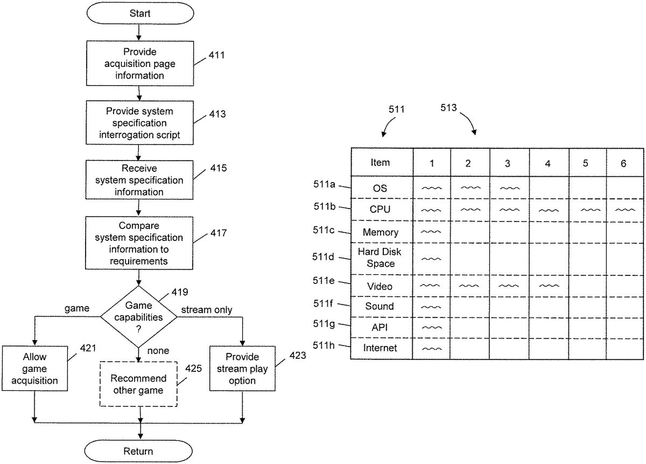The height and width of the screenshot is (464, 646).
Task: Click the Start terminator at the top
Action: tap(140, 13)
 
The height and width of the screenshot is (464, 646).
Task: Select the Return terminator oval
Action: tap(138, 451)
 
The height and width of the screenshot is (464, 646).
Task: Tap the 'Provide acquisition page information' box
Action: tap(140, 63)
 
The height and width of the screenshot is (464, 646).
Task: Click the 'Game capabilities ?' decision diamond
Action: tap(139, 317)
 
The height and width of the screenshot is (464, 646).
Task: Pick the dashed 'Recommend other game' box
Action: tap(138, 384)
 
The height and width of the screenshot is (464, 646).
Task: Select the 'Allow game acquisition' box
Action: tap(34, 369)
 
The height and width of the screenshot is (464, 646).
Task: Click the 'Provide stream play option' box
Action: tap(242, 369)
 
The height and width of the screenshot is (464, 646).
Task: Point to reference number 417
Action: tap(219, 233)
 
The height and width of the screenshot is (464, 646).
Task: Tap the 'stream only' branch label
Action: tap(207, 310)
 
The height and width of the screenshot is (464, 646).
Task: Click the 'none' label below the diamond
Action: tap(158, 350)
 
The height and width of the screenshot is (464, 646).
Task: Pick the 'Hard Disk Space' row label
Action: tap(380, 258)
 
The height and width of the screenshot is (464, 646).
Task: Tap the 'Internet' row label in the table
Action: tap(380, 348)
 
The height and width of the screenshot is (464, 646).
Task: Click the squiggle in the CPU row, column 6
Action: tap(625, 210)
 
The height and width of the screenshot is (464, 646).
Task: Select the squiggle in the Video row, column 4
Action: tap(549, 286)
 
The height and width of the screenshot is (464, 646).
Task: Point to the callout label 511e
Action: tap(324, 280)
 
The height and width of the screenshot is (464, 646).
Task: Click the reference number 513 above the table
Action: tap(448, 108)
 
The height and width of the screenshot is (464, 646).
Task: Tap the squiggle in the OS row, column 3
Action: tap(510, 188)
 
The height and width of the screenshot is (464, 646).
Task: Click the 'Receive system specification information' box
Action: tap(139, 180)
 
